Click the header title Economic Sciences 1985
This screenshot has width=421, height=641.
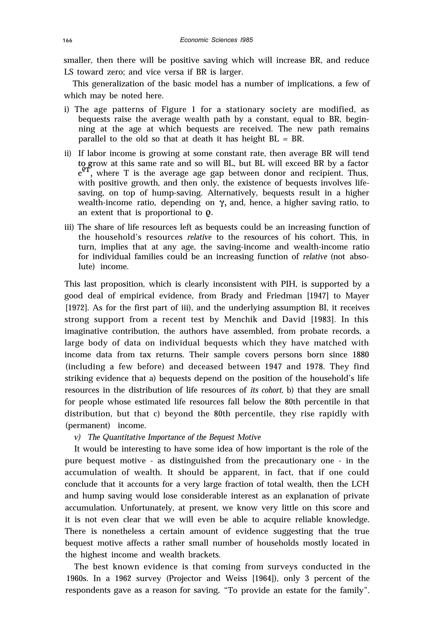coord(216,40)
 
